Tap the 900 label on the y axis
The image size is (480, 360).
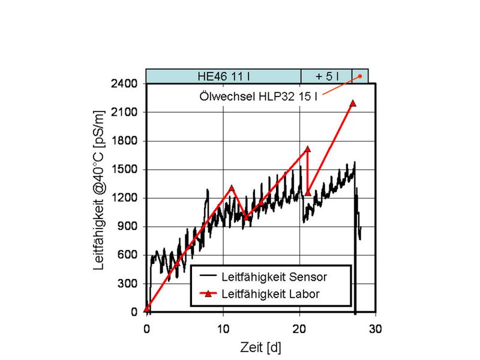pyautogui.click(x=128, y=227)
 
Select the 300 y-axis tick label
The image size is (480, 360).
pyautogui.click(x=128, y=284)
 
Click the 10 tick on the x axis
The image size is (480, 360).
pyautogui.click(x=223, y=329)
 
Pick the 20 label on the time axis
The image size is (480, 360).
pyautogui.click(x=300, y=329)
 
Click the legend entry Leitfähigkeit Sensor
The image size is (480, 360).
pyautogui.click(x=274, y=277)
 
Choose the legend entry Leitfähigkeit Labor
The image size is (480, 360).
pyautogui.click(x=270, y=293)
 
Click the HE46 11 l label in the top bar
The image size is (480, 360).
pyautogui.click(x=224, y=76)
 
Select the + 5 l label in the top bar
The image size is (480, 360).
pyautogui.click(x=326, y=76)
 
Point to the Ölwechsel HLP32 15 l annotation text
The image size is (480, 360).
pyautogui.click(x=259, y=95)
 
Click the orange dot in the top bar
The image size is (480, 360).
pyautogui.click(x=360, y=76)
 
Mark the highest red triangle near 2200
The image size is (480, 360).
pyautogui.click(x=352, y=103)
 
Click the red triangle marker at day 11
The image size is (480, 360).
pyautogui.click(x=231, y=188)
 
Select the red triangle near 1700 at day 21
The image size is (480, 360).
pyautogui.click(x=308, y=149)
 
